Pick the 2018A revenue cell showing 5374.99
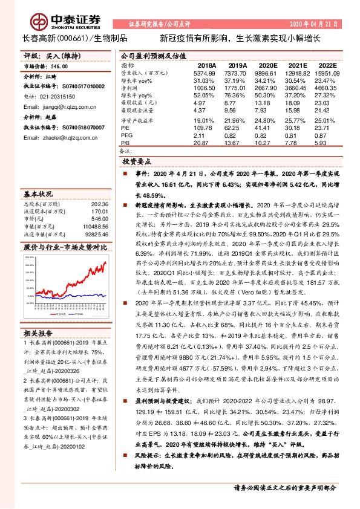tap(203, 72)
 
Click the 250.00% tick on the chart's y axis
tap(29, 257)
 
